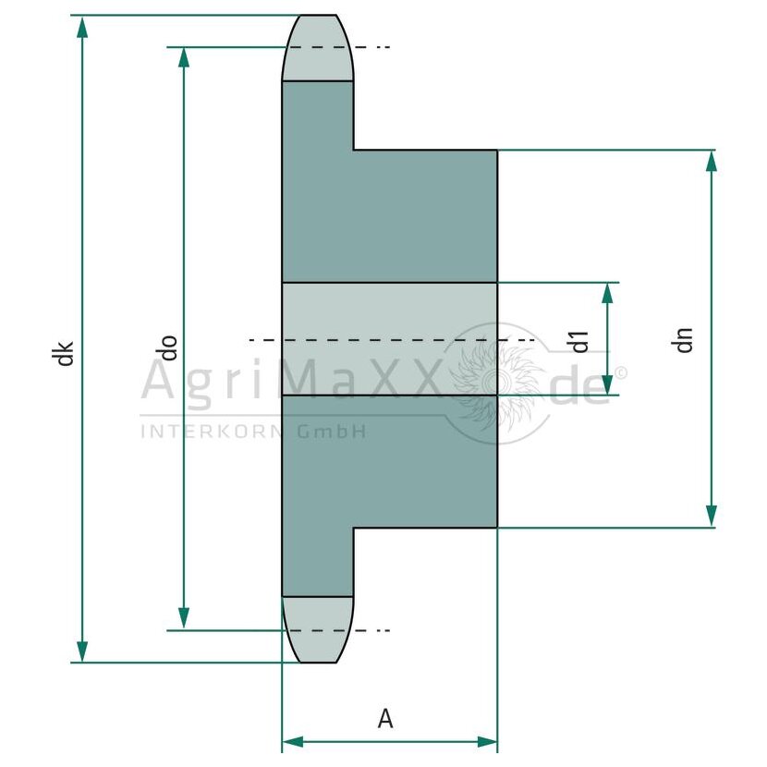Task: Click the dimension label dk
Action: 63,353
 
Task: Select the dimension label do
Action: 169,348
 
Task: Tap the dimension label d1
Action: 580,341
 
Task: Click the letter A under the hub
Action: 385,719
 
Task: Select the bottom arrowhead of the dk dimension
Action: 82,651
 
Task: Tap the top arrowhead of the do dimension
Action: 184,59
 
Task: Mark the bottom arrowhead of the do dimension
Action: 184,619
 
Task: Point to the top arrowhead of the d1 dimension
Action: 607,294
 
